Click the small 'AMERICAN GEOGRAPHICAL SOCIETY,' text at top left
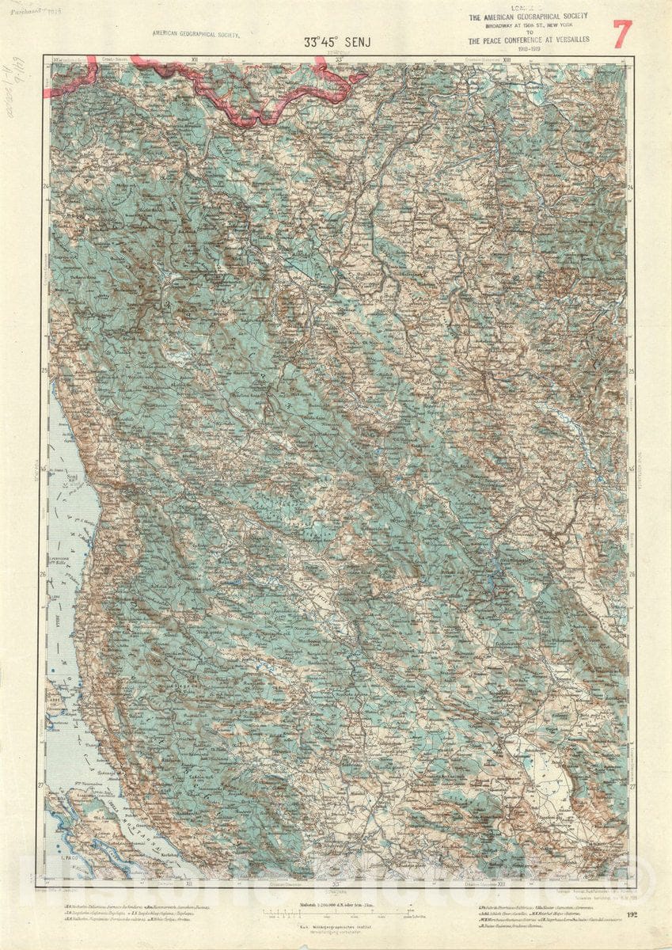pyautogui.click(x=196, y=35)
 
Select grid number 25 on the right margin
pyautogui.click(x=631, y=370)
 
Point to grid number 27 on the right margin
pyautogui.click(x=631, y=787)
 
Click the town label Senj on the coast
pyautogui.click(x=72, y=480)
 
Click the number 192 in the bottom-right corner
pyautogui.click(x=631, y=915)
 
